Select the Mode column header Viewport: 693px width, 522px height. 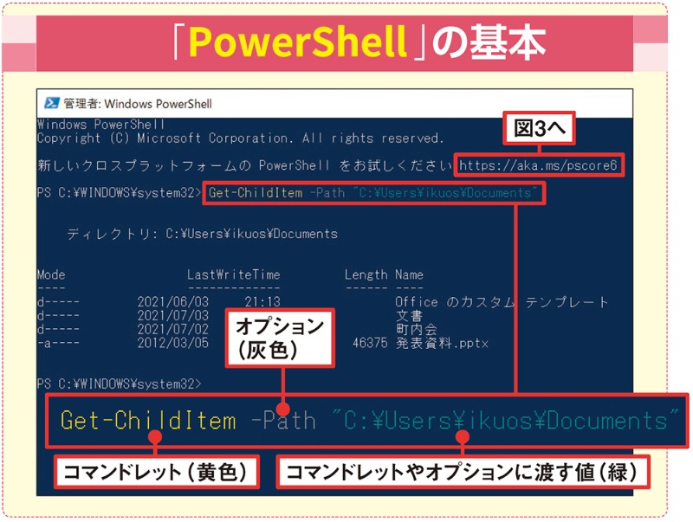click(51, 275)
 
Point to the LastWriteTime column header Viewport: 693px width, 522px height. click(234, 275)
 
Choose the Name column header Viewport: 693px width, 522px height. click(410, 275)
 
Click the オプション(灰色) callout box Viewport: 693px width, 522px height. click(278, 338)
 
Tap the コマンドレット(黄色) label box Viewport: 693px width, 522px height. click(155, 472)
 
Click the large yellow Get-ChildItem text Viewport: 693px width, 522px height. click(147, 422)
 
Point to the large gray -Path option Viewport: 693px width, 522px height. click(282, 422)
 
